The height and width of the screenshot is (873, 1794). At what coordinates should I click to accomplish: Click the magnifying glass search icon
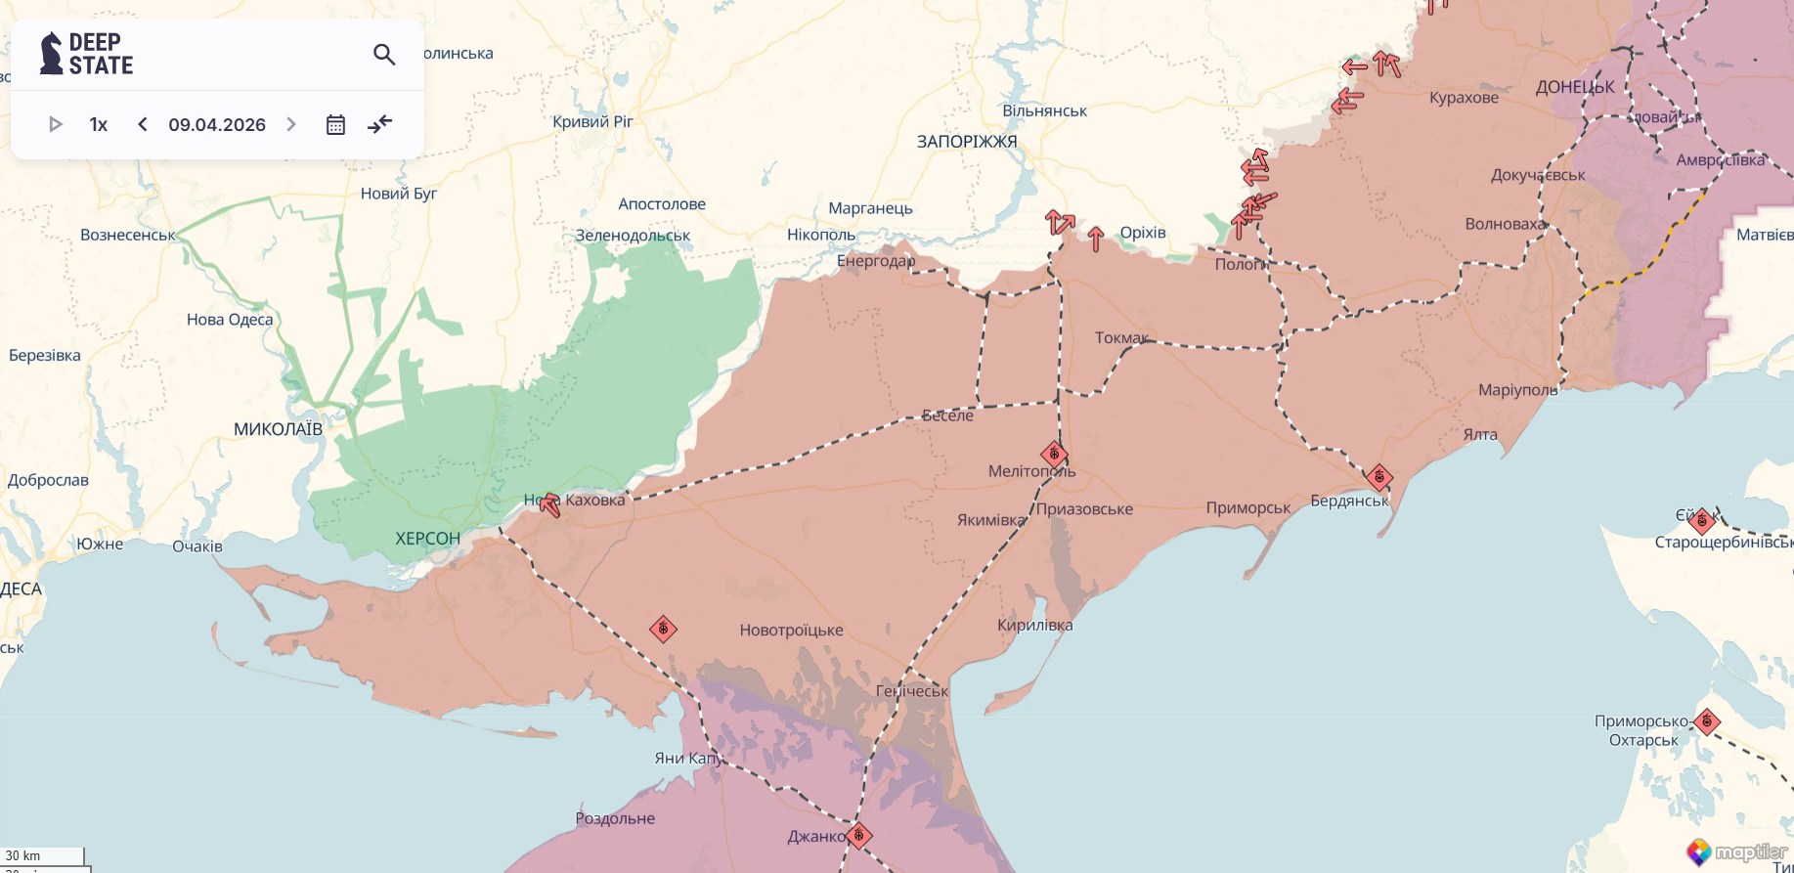click(x=384, y=55)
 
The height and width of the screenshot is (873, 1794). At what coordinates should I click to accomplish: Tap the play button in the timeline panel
click(x=56, y=124)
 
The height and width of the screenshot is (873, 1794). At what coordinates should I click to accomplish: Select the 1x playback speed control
click(x=99, y=124)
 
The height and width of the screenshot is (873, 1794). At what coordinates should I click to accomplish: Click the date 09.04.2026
click(x=217, y=124)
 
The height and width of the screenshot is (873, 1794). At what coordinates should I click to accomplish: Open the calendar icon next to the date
click(x=335, y=124)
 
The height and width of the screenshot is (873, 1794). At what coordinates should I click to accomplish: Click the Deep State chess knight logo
click(x=51, y=54)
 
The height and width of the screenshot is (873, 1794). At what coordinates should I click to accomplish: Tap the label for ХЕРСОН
click(x=427, y=539)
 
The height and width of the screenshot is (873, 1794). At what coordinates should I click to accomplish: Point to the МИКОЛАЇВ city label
click(x=278, y=429)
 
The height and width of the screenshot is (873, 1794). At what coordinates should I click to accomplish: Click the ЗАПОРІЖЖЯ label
click(x=967, y=142)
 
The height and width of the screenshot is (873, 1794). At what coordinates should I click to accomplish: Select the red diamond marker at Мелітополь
click(x=1054, y=454)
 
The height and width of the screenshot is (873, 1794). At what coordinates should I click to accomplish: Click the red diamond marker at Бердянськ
click(x=1378, y=477)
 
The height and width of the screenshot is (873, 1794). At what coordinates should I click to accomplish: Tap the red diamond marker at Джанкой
click(x=858, y=835)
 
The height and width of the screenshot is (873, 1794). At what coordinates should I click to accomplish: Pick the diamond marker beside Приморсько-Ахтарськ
click(x=1707, y=721)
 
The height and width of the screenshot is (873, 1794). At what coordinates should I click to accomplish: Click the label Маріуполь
click(x=1517, y=390)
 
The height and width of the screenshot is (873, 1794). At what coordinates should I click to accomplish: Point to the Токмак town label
click(x=1121, y=337)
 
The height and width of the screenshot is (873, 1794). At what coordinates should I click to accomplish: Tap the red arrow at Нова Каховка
click(x=550, y=504)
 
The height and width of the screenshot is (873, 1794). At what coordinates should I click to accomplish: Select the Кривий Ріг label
click(x=592, y=121)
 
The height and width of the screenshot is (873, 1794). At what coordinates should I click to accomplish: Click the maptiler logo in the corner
click(x=1738, y=852)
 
